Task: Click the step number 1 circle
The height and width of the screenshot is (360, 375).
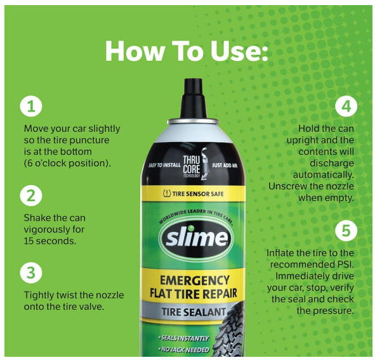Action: (31, 106)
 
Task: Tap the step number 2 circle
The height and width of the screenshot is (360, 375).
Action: (31, 195)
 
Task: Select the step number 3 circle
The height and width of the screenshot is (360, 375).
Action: (31, 273)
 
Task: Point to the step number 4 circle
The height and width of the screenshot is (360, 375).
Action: (346, 106)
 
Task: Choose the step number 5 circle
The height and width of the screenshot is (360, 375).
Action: (346, 231)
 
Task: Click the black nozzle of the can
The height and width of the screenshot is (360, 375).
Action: (194, 98)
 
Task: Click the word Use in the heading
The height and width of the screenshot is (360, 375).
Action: (239, 51)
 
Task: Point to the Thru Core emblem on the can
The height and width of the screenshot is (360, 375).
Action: (195, 165)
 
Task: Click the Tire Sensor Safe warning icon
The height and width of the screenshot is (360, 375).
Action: (167, 193)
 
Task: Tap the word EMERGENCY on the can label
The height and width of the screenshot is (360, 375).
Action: (194, 280)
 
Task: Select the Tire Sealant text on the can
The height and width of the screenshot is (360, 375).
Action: (194, 311)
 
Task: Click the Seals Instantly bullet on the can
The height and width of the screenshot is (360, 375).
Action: (183, 338)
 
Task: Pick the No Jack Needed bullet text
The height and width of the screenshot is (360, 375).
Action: (183, 350)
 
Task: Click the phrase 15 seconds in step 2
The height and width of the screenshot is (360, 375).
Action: (49, 241)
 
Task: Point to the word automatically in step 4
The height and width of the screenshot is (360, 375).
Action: (324, 175)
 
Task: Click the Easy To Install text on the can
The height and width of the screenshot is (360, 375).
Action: (164, 165)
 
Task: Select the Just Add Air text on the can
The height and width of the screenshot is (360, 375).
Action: (225, 165)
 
